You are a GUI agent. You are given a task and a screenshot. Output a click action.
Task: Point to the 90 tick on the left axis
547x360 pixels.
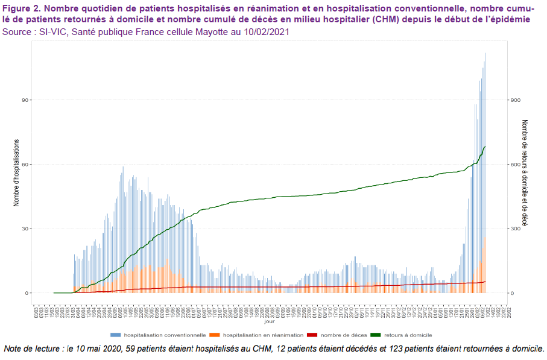(x=27, y=100)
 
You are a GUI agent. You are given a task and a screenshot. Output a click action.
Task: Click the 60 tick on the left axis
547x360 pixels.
(x=27, y=165)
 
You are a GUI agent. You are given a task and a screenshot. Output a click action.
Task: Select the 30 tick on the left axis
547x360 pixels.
(x=27, y=229)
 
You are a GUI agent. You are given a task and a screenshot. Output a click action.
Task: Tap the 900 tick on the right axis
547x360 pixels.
(x=514, y=100)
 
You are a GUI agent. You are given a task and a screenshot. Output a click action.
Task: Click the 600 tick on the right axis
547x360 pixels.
(x=514, y=165)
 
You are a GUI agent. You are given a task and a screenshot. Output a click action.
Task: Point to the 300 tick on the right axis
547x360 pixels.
(x=514, y=229)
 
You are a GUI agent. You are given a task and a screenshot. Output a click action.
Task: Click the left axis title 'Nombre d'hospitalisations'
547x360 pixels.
(x=17, y=172)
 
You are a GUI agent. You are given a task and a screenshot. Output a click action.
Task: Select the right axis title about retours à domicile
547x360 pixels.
(x=525, y=172)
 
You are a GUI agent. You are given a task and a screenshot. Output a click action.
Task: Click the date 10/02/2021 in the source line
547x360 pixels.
(x=266, y=31)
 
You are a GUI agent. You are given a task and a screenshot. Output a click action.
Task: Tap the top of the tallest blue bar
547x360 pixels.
(x=485, y=54)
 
